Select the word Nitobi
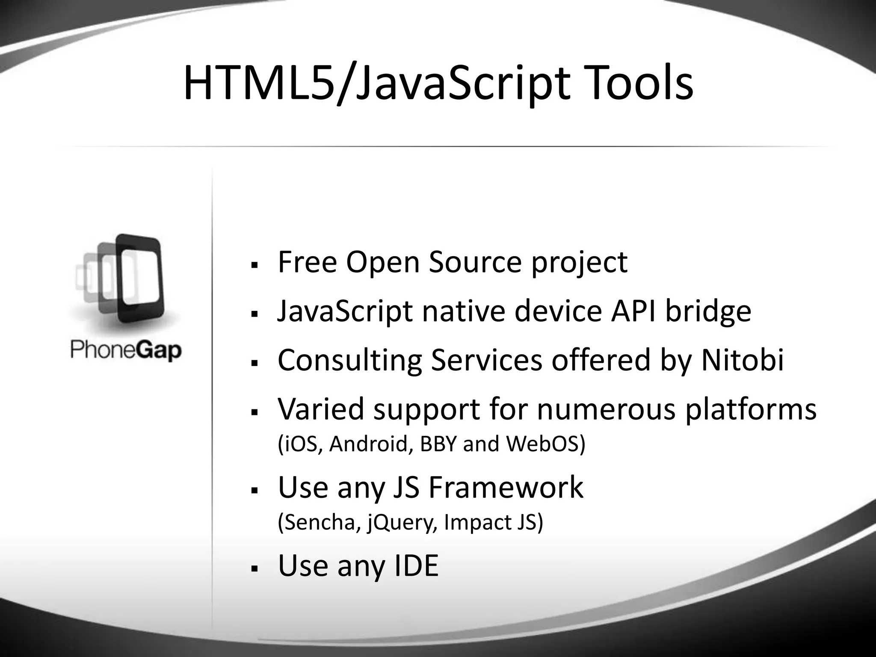tap(743, 360)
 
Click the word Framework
tap(506, 487)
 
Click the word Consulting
tap(349, 361)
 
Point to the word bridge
tap(708, 312)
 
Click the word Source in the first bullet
tap(475, 262)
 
